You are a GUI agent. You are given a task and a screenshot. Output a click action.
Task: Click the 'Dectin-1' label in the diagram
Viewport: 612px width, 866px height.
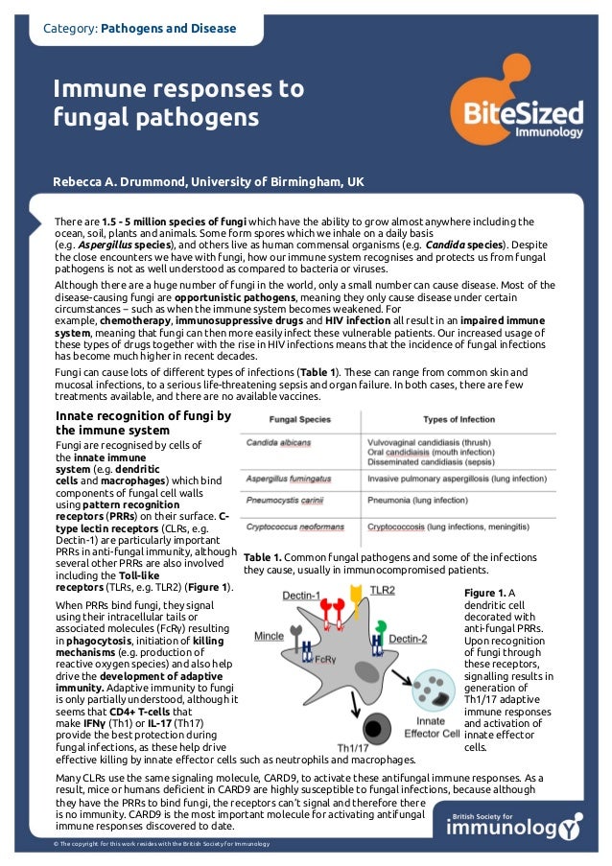[x=302, y=596]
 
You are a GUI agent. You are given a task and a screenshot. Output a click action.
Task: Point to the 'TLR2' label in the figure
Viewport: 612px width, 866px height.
[x=382, y=591]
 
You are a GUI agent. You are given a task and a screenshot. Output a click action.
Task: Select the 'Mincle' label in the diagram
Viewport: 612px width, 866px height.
[x=269, y=636]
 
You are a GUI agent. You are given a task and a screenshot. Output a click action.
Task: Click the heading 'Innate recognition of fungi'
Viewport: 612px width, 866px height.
[x=143, y=423]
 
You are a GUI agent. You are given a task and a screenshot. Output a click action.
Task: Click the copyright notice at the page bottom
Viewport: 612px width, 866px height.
[x=162, y=843]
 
